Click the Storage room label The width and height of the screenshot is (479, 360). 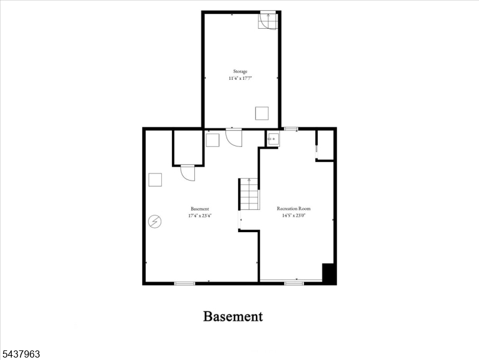(240, 71)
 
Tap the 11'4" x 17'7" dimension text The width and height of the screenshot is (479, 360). (240, 79)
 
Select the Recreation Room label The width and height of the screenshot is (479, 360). (294, 209)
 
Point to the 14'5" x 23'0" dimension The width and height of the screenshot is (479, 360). (294, 215)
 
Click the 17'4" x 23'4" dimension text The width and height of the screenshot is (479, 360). (200, 215)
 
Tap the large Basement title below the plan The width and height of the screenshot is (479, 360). (233, 316)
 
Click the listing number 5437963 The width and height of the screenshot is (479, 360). (20, 354)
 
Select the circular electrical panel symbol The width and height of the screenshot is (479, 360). (155, 221)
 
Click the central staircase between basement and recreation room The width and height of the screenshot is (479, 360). (249, 194)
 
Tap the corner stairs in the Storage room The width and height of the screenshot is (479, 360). (268, 20)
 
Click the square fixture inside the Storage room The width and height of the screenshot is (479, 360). (262, 113)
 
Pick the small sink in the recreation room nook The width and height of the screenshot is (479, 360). (272, 139)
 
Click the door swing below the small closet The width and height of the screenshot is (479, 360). (187, 173)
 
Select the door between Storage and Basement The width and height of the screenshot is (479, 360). (234, 137)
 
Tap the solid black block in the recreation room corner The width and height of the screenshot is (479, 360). (329, 274)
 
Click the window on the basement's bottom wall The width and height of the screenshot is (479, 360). (185, 284)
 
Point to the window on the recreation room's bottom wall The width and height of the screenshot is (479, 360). (294, 284)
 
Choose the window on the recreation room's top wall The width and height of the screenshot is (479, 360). (291, 129)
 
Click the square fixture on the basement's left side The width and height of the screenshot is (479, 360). (155, 180)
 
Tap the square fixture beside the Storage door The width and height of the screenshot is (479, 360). (212, 140)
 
